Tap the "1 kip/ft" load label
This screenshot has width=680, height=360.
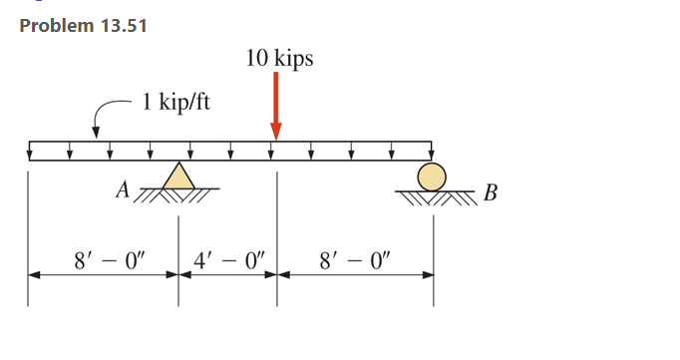tap(175, 102)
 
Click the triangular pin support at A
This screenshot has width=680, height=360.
tap(179, 177)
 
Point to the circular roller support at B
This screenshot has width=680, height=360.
tap(432, 177)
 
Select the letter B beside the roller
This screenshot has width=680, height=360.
tap(489, 191)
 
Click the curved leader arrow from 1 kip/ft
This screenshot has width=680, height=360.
tap(104, 116)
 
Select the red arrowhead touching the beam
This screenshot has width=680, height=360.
tap(276, 133)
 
